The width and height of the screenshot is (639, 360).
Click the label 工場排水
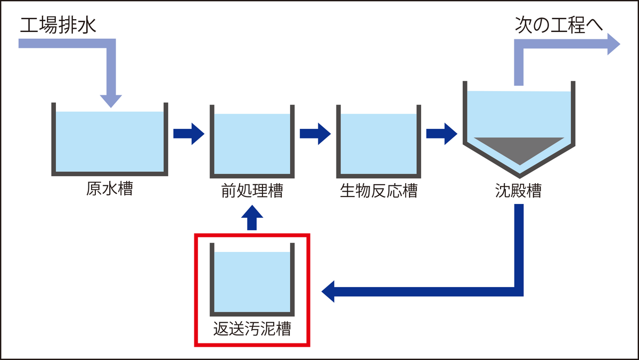point(59,25)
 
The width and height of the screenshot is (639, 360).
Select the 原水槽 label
point(109,189)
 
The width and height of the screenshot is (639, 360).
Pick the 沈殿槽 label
point(518,191)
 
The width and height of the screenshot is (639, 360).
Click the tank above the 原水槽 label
point(110,141)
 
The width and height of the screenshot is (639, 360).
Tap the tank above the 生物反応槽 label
point(378,144)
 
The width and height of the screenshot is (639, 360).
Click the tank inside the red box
point(252,281)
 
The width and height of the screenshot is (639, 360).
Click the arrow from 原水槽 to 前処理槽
point(189,133)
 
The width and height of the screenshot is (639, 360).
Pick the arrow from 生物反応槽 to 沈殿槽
point(441,133)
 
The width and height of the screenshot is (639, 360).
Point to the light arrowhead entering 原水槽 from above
point(111,100)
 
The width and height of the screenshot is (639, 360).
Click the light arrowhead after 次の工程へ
point(613,44)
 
